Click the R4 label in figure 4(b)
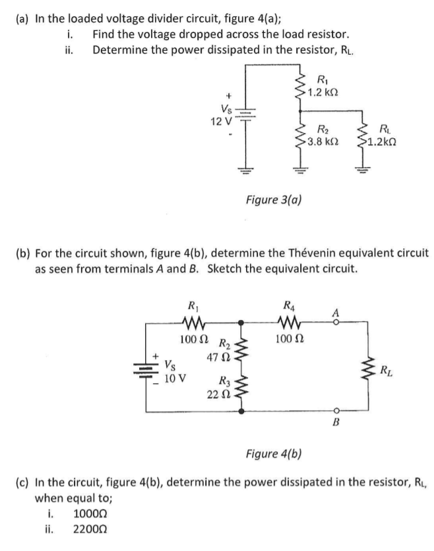(289, 304)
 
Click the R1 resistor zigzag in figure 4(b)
(194, 322)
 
